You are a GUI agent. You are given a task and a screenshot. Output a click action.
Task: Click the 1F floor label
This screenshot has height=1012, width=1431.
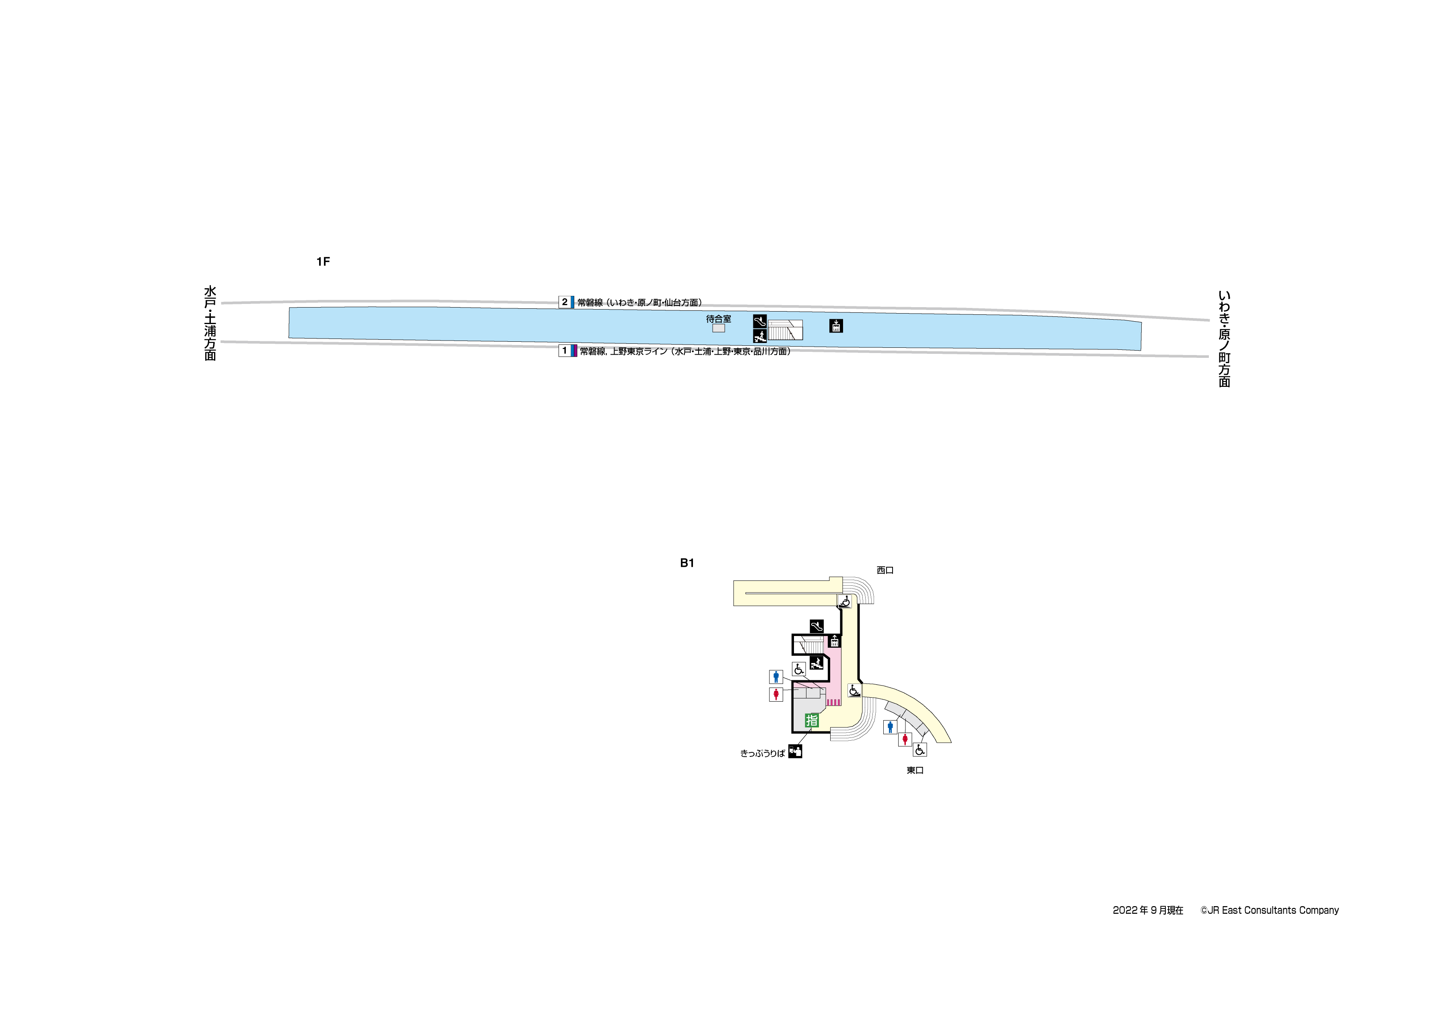[323, 262]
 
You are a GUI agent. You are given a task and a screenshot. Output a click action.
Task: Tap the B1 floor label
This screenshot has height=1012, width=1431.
[687, 563]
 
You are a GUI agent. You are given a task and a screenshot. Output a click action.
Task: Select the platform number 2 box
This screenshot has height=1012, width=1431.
[565, 302]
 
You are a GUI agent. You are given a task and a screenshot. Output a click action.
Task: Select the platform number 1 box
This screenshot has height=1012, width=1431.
[565, 351]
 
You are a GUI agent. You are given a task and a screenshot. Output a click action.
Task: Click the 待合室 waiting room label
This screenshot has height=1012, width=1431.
[719, 319]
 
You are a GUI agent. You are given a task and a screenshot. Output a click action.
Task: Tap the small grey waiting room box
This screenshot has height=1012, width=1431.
[719, 328]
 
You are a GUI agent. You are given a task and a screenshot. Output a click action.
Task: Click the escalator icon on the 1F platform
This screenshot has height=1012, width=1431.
[760, 321]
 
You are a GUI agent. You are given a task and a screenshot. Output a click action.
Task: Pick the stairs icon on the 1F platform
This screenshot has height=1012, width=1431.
[760, 336]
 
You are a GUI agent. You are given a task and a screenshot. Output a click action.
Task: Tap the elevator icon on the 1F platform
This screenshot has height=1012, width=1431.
[836, 326]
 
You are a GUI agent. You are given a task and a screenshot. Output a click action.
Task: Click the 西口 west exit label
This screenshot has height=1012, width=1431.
[885, 570]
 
